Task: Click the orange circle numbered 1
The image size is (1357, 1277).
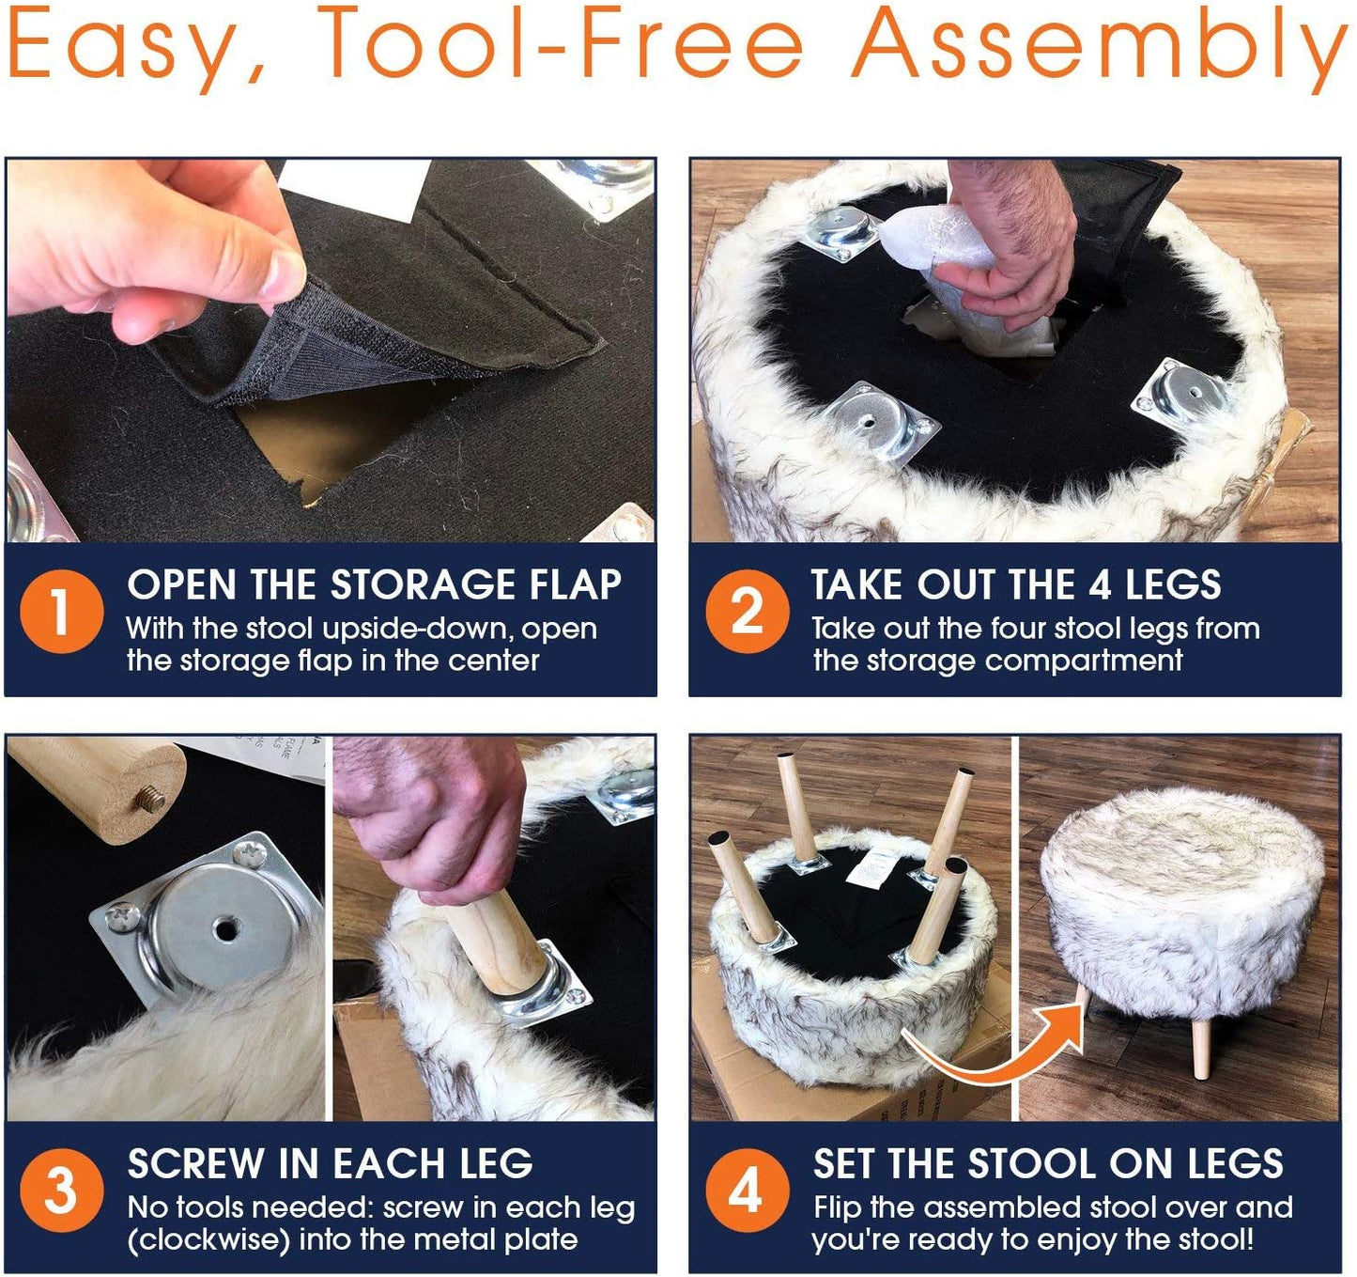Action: pos(61,612)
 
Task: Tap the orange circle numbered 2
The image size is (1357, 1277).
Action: pos(747,612)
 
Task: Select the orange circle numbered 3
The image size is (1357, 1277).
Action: pos(61,1191)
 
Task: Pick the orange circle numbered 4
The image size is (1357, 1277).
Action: pos(747,1191)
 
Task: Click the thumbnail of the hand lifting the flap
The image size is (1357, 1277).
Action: pos(330,350)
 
